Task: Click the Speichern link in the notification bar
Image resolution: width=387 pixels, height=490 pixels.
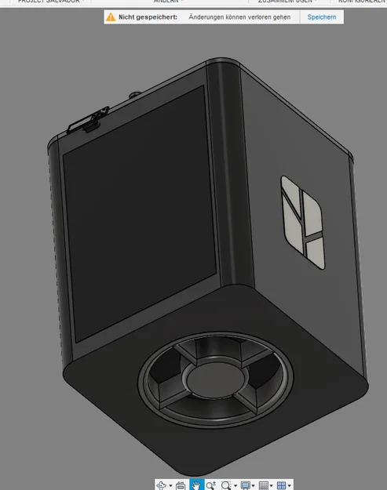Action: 321,16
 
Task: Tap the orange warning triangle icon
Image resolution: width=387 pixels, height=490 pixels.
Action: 111,16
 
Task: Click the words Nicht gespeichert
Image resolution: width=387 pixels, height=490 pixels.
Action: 148,16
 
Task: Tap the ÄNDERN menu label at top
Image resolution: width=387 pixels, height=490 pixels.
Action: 166,2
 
